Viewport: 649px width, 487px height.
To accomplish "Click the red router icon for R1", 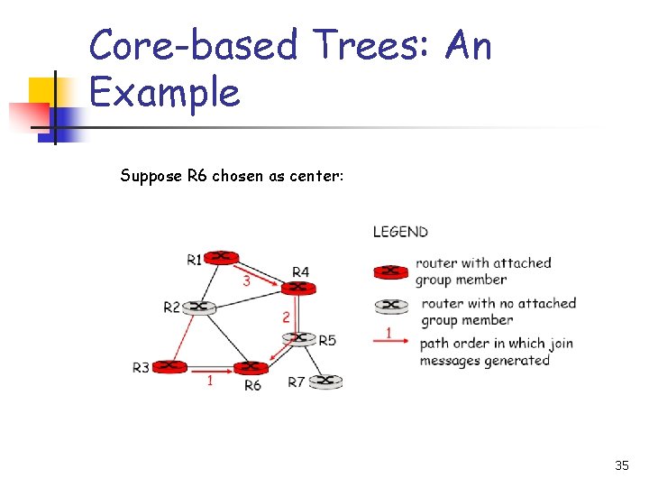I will (x=222, y=258).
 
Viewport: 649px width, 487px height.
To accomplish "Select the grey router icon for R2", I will (x=199, y=307).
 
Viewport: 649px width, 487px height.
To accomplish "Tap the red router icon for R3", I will (x=169, y=366).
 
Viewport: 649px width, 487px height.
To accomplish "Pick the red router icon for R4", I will (x=298, y=288).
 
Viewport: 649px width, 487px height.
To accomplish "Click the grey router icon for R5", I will (x=299, y=339).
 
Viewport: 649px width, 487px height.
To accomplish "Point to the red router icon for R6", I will (x=251, y=367).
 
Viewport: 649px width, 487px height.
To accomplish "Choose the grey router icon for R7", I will (x=325, y=381).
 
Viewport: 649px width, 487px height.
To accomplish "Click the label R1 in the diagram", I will (x=196, y=261).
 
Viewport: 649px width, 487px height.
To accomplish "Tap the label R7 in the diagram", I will (x=297, y=382).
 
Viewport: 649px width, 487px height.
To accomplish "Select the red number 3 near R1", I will (x=246, y=280).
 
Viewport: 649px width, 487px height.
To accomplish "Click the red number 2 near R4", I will (x=286, y=317).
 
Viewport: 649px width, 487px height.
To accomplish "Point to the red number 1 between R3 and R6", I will (x=210, y=381).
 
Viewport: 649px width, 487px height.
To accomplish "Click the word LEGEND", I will (x=400, y=232).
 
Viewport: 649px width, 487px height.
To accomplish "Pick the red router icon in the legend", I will (x=390, y=271).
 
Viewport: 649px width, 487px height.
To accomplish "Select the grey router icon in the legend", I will (x=390, y=305).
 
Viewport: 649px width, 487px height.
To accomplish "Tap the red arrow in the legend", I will (x=392, y=341).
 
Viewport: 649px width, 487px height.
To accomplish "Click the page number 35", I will (x=621, y=465).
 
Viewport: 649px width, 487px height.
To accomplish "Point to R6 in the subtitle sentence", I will (x=197, y=176).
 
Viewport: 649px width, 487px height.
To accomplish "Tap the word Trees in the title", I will (x=369, y=45).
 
